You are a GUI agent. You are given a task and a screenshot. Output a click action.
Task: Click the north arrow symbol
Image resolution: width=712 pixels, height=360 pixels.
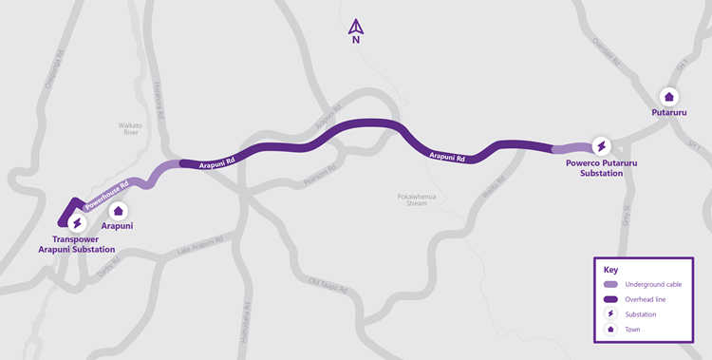coord(355,28)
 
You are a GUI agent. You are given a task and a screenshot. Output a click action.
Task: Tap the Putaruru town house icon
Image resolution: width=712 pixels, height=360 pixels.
coord(668,97)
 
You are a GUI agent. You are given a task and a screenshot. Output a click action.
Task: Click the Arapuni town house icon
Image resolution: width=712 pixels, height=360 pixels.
coord(118,211)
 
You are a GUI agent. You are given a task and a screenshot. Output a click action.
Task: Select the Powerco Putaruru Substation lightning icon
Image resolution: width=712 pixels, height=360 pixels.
coord(601,146)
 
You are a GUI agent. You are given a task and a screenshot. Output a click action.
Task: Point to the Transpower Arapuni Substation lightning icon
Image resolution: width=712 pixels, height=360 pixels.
coord(76,221)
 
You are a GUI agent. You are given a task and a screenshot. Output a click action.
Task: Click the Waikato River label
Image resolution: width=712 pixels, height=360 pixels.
coord(130,129)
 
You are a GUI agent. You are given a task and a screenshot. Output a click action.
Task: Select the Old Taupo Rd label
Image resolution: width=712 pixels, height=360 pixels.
coord(329,286)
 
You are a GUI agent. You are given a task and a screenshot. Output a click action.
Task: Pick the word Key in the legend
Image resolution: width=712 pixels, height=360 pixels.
coord(610,270)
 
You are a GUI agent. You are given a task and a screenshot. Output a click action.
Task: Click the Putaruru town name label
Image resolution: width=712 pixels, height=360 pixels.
coord(668,113)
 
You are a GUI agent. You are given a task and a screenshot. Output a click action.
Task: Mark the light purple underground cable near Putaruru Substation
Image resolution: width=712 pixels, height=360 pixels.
coord(570,148)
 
